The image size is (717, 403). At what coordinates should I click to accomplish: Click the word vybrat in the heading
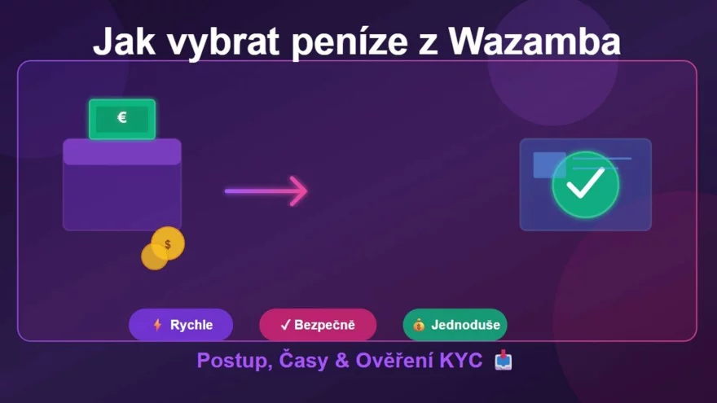[x=222, y=42]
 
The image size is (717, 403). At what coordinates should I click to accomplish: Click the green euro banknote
[x=122, y=119]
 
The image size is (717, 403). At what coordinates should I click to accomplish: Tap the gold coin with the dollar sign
[x=168, y=243]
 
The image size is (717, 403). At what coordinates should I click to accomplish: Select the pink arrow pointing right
[x=266, y=191]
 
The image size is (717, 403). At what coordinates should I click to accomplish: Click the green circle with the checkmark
[x=585, y=185]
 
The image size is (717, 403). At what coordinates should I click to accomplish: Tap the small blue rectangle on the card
[x=548, y=165]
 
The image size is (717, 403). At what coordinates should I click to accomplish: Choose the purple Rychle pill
[x=181, y=325]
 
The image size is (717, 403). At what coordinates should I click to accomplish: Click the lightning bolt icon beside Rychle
[x=158, y=325]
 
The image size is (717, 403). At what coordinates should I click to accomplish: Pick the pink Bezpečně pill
[x=318, y=325]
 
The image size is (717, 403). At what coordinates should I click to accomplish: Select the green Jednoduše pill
[x=455, y=325]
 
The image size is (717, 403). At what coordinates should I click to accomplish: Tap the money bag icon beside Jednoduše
[x=419, y=325]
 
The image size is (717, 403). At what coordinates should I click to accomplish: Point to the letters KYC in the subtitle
[x=460, y=361]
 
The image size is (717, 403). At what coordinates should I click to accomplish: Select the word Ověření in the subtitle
[x=390, y=361]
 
